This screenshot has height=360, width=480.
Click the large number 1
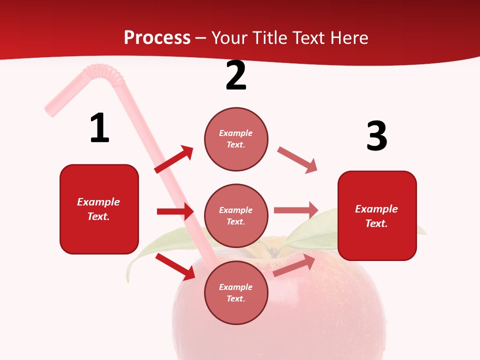pyautogui.click(x=99, y=128)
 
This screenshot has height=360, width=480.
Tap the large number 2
pyautogui.click(x=236, y=76)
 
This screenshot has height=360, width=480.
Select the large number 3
pyautogui.click(x=376, y=136)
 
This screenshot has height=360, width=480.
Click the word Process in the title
pyautogui.click(x=157, y=37)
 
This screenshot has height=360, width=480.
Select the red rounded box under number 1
pyautogui.click(x=99, y=209)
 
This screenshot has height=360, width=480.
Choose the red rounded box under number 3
pyautogui.click(x=377, y=215)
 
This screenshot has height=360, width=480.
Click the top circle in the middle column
pyautogui.click(x=236, y=139)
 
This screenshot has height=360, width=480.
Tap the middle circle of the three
pyautogui.click(x=236, y=215)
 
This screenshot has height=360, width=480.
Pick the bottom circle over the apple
pyautogui.click(x=236, y=292)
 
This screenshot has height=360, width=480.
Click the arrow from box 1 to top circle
pyautogui.click(x=174, y=159)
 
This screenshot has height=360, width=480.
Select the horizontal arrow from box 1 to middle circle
pyautogui.click(x=175, y=211)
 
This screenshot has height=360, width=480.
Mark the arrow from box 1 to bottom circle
pyautogui.click(x=175, y=266)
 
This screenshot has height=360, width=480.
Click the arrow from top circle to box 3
pyautogui.click(x=297, y=160)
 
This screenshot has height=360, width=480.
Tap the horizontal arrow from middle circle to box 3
pyautogui.click(x=296, y=210)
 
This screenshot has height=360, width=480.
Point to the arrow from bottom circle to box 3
pyautogui.click(x=294, y=265)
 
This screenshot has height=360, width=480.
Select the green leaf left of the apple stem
pyautogui.click(x=160, y=245)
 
